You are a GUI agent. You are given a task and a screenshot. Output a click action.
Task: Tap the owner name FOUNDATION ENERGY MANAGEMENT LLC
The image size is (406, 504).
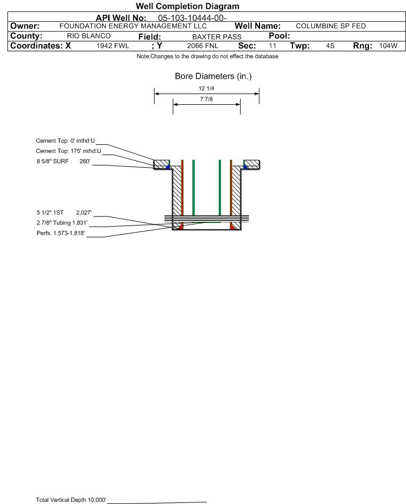133,26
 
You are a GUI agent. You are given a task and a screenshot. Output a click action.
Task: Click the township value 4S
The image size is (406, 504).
330,46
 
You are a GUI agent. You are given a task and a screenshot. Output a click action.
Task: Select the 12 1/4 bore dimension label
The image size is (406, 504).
206,88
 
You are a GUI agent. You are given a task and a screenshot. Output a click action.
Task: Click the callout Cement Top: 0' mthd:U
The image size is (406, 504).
65,141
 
